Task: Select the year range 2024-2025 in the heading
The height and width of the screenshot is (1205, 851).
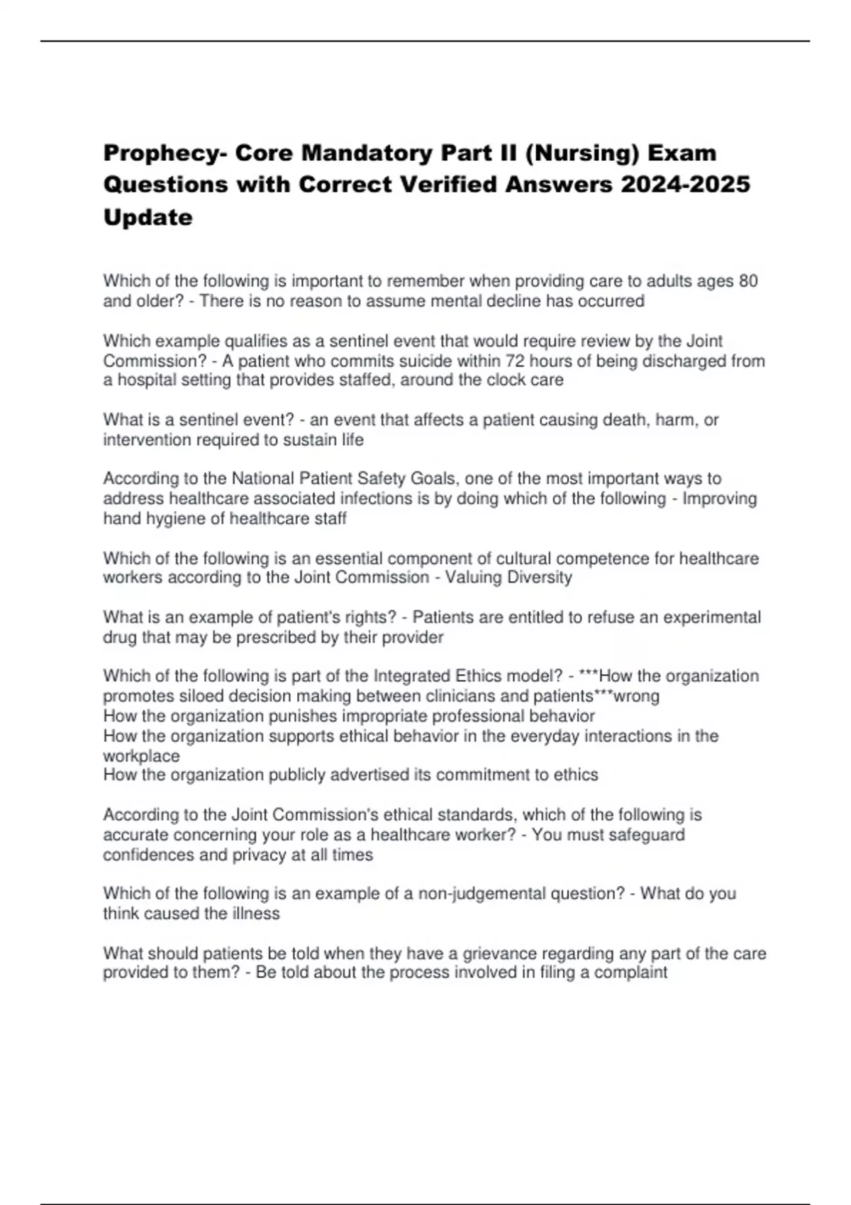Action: pos(685,184)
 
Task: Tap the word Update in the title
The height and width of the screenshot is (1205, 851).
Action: pos(148,217)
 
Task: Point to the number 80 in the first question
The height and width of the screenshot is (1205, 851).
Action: pos(747,281)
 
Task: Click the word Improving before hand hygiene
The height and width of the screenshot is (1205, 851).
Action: pos(719,499)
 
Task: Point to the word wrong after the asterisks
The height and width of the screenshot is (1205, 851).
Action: pos(636,696)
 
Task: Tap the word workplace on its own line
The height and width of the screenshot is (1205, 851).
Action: pos(141,756)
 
